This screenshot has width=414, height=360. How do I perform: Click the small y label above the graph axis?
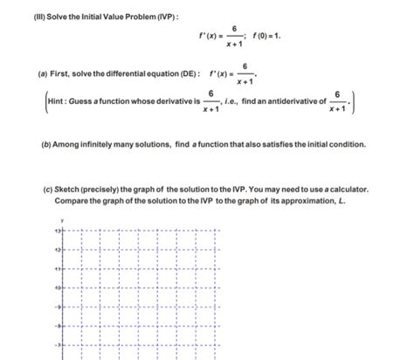pos(61,218)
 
